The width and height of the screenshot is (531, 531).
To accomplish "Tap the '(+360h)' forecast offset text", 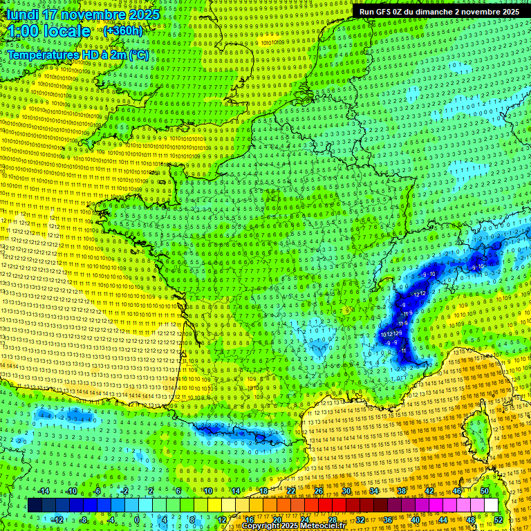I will coord(123,30).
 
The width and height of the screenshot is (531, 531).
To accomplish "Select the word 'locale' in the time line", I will coord(66,31).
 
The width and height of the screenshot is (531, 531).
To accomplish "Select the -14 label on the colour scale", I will coord(44,491).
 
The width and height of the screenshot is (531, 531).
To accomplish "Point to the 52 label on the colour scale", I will coord(499,520).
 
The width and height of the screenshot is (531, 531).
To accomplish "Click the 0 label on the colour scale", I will coord(136,520).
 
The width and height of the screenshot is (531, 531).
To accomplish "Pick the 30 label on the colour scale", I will coord(346,491).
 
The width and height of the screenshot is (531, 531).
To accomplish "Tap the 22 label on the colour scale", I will coord(291,491).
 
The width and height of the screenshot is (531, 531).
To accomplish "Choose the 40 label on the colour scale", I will coord(416,520).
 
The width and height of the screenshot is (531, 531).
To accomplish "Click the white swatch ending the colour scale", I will coord(491,505).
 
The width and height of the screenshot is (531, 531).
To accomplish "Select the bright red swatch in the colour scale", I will coord(325,505).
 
